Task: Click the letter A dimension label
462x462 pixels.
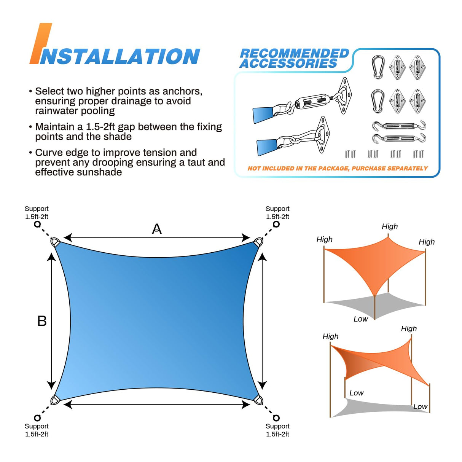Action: tap(157, 229)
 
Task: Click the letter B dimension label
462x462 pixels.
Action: tap(42, 321)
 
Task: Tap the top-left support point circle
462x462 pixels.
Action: tap(37, 224)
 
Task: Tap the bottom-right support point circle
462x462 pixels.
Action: tap(276, 418)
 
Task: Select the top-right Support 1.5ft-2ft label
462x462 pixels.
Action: tap(277, 213)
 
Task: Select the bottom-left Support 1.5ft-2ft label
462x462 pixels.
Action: tap(37, 430)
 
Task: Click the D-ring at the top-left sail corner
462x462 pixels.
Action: tap(55, 242)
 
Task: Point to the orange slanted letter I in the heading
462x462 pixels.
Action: tap(41, 44)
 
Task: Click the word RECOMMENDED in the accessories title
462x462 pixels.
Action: tap(294, 53)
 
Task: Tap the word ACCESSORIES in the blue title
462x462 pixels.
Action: tap(288, 64)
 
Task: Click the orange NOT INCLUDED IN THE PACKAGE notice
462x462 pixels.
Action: tap(337, 168)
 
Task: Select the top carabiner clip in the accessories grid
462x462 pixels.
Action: tap(378, 67)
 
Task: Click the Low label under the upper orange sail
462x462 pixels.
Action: tap(360, 319)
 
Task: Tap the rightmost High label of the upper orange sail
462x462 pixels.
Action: tap(427, 242)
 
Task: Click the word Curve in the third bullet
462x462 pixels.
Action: tap(49, 153)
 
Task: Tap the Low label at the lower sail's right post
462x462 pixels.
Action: tap(420, 406)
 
